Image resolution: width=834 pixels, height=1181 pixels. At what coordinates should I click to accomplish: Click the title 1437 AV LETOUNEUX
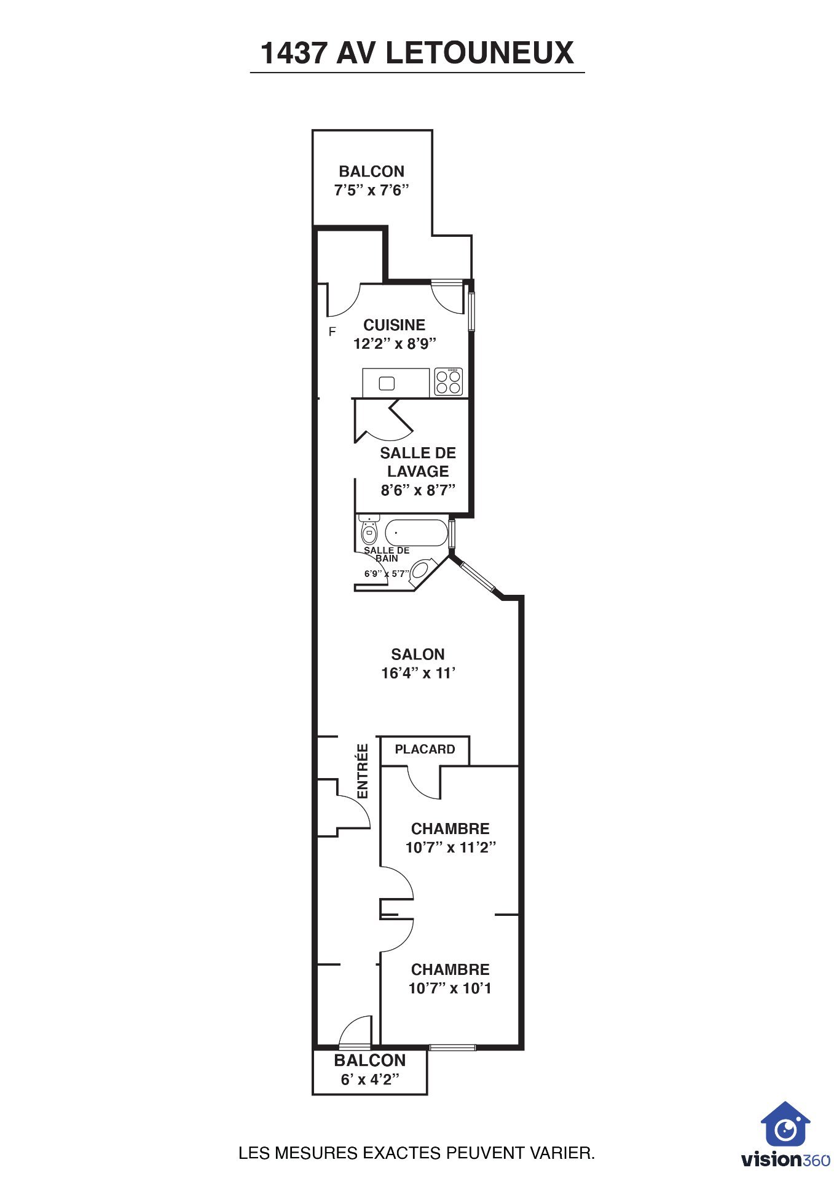tap(417, 53)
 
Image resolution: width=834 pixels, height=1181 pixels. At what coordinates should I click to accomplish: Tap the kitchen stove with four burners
tap(448, 381)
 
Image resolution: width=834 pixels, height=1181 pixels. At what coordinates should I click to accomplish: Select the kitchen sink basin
tap(387, 383)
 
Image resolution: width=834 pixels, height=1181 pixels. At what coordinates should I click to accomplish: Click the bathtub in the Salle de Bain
tap(416, 533)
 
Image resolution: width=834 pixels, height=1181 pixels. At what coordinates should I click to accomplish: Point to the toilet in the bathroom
tap(369, 530)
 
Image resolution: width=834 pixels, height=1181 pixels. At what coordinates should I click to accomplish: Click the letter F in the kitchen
tap(332, 332)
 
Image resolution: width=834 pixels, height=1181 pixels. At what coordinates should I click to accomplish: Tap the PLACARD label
tap(425, 749)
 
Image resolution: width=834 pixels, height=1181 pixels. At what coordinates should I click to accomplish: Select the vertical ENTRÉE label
tap(363, 771)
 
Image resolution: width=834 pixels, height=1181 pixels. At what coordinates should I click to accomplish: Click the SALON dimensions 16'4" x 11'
tap(418, 673)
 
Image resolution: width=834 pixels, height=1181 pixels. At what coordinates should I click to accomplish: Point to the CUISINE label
tap(394, 325)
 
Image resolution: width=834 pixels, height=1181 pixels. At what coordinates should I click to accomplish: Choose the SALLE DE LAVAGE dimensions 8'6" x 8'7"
tap(418, 490)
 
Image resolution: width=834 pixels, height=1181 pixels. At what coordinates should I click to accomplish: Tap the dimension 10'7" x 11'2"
tap(450, 847)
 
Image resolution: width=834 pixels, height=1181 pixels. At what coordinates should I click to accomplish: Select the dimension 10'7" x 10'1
tap(450, 988)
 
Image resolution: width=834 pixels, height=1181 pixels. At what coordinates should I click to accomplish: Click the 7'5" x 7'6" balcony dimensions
tap(371, 190)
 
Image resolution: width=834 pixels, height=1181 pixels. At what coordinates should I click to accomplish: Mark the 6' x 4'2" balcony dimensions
tap(370, 1080)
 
